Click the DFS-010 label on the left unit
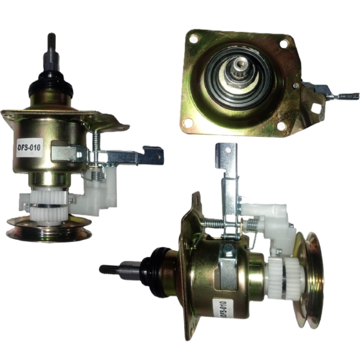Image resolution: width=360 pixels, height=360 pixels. (29, 148)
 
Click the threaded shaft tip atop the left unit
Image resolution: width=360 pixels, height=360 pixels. (52, 41)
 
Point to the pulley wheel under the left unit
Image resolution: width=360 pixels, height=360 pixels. (49, 228)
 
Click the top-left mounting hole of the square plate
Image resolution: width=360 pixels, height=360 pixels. (194, 38)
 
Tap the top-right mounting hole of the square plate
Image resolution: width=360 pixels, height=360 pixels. (284, 44)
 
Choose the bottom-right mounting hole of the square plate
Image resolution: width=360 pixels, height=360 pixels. (281, 126)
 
